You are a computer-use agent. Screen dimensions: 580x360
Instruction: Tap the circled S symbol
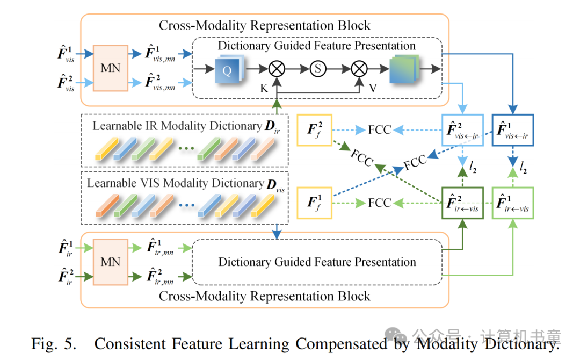pyautogui.click(x=318, y=69)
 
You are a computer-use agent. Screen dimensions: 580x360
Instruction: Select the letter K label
pyautogui.click(x=264, y=89)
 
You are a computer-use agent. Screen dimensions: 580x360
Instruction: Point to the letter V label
pyautogui.click(x=373, y=88)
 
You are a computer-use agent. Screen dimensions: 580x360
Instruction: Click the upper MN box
pyautogui.click(x=111, y=68)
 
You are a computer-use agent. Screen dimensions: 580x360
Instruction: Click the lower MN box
pyautogui.click(x=111, y=262)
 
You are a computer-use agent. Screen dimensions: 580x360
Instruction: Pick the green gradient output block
pyautogui.click(x=404, y=69)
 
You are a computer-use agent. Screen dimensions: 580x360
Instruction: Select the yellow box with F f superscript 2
pyautogui.click(x=314, y=130)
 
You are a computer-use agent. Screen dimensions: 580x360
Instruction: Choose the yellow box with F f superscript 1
pyautogui.click(x=314, y=203)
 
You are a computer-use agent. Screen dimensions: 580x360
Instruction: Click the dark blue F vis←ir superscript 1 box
pyautogui.click(x=513, y=130)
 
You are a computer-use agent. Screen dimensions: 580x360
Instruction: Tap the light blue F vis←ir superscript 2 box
pyautogui.click(x=463, y=130)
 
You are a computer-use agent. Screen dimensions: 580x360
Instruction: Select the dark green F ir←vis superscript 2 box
pyautogui.click(x=463, y=203)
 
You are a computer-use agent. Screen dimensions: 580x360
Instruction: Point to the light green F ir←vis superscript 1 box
pyautogui.click(x=513, y=203)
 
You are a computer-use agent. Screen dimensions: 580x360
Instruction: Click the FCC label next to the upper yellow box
pyautogui.click(x=380, y=130)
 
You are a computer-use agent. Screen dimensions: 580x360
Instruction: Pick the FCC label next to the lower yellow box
pyautogui.click(x=380, y=203)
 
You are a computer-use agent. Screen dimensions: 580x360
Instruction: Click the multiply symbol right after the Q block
pyautogui.click(x=277, y=69)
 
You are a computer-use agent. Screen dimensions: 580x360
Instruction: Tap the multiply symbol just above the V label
pyautogui.click(x=359, y=69)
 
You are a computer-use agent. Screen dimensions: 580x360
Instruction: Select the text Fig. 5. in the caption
pyautogui.click(x=54, y=344)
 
